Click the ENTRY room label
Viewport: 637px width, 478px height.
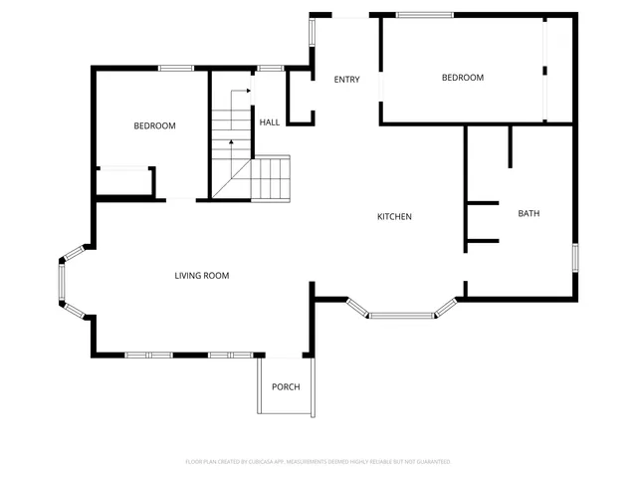point(346,80)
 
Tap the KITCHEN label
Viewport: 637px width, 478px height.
point(394,217)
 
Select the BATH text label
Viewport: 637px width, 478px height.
point(529,213)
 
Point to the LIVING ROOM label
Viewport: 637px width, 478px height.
point(202,276)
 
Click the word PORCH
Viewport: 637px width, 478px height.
point(286,387)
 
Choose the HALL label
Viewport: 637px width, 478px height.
point(269,122)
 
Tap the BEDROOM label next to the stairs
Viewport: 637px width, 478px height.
point(154,125)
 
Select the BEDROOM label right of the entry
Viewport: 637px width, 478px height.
point(463,78)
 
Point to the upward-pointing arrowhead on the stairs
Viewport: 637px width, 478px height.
point(231,142)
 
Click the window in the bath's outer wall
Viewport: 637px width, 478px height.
point(574,256)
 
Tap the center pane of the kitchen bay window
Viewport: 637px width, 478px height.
point(401,316)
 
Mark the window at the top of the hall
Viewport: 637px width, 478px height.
point(270,68)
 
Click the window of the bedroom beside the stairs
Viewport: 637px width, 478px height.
point(176,68)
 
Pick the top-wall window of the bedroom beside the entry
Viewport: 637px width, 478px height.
point(424,15)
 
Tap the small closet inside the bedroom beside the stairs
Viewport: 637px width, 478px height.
point(123,182)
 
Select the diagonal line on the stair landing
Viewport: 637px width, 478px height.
point(233,182)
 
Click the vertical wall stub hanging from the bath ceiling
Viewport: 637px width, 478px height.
point(510,146)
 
